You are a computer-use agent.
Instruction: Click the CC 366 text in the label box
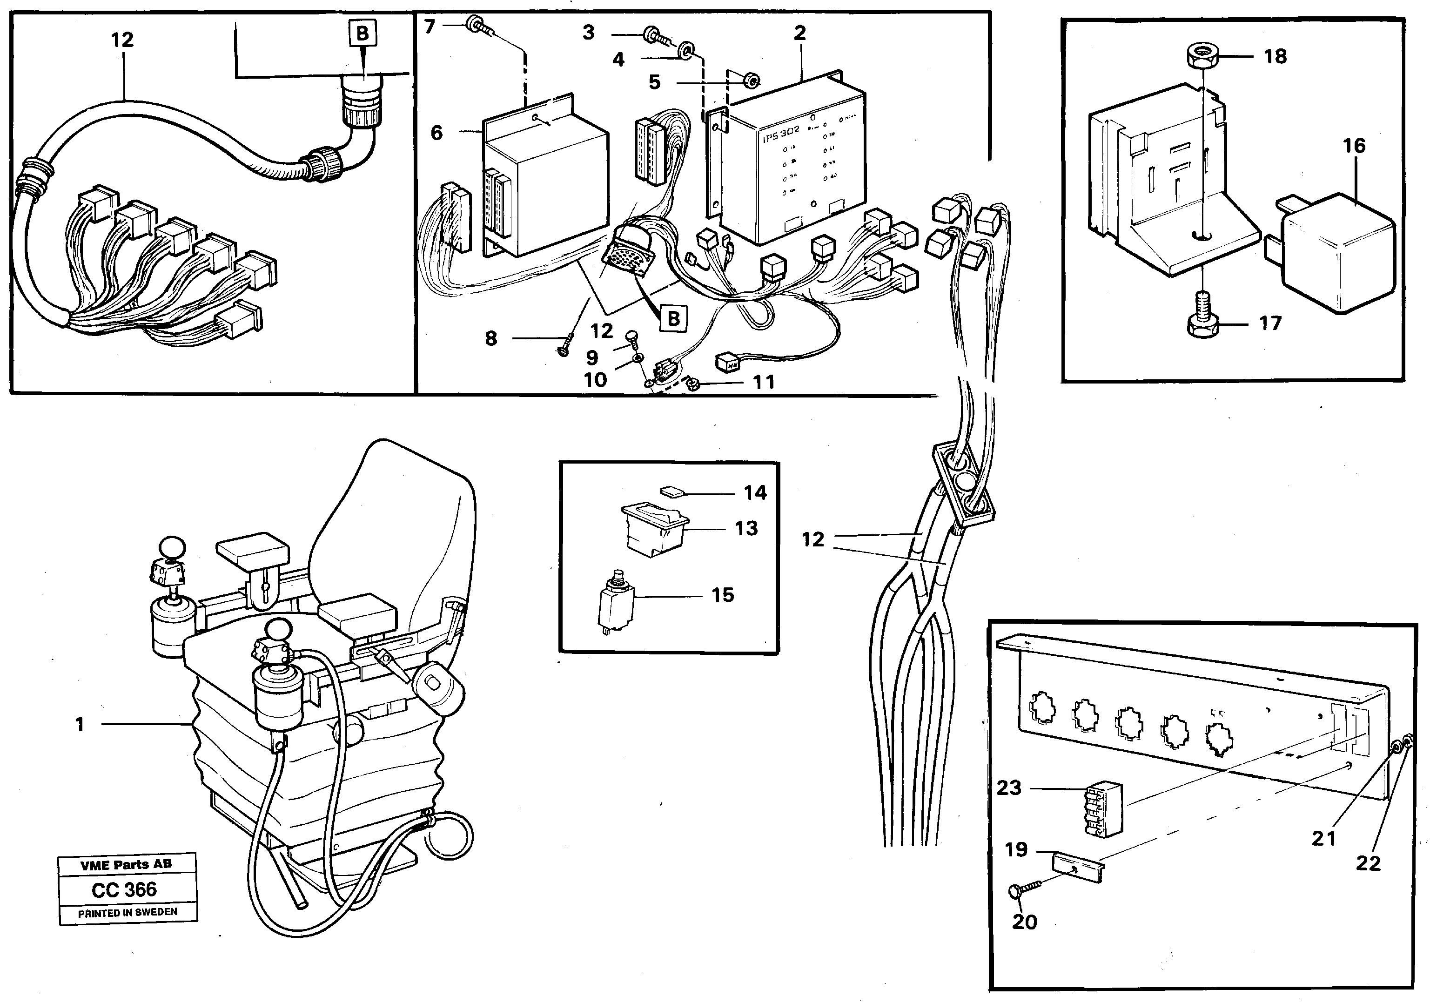click(x=125, y=889)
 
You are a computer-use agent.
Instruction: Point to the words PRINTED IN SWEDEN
click(x=127, y=913)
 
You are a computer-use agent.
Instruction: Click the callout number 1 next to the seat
click(x=80, y=725)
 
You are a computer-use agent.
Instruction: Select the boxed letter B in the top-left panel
click(x=362, y=33)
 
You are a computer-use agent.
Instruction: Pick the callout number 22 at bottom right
click(x=1368, y=863)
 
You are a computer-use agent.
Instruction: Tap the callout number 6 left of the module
click(x=436, y=133)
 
